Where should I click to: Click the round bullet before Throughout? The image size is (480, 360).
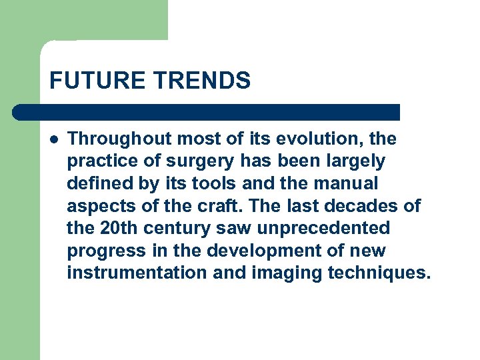click(54, 139)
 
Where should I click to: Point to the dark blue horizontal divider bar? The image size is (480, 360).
click(207, 112)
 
